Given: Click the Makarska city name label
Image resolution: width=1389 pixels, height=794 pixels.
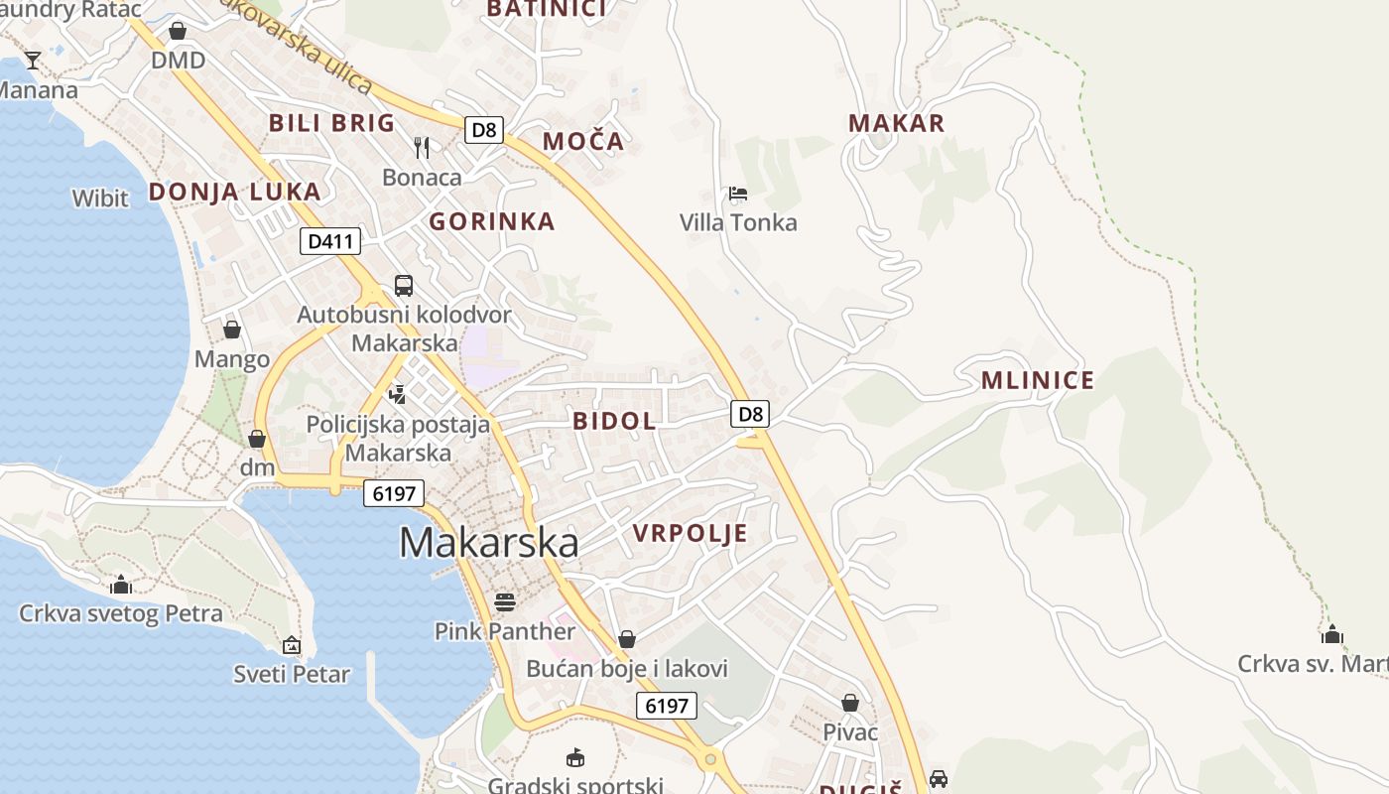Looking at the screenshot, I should coord(489,542).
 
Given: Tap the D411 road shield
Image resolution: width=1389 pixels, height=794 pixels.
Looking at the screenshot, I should coord(330,241).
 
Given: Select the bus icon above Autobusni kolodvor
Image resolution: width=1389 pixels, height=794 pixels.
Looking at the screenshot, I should coord(404,286).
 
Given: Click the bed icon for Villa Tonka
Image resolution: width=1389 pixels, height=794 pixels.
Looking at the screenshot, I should coord(737,194).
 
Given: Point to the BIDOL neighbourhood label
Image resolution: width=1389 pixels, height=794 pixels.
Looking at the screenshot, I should coord(614,421).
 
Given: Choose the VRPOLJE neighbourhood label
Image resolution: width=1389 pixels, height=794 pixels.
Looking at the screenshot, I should coord(690,533).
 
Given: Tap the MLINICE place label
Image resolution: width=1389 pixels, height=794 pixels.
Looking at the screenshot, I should coord(1038,380).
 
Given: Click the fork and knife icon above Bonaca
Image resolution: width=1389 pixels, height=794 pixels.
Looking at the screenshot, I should coord(422,148).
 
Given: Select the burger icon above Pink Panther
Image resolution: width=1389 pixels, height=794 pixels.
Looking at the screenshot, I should coord(505,601).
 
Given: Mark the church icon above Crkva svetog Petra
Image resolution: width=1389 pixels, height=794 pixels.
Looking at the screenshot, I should coord(121,584).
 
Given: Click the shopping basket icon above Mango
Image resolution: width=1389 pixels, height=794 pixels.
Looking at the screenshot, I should coord(232,330).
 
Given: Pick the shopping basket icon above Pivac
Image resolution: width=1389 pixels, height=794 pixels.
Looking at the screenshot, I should coord(850,703).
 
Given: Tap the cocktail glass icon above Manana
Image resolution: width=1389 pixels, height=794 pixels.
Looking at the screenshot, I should coord(33,61).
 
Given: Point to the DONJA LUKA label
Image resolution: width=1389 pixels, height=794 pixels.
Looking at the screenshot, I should coord(235,192).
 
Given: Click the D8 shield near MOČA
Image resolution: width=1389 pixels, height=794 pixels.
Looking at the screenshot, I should coord(485,129).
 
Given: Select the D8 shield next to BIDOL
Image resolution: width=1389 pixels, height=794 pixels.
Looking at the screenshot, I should coord(751,414).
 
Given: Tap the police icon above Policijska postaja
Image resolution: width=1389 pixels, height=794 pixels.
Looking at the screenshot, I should coord(398,394).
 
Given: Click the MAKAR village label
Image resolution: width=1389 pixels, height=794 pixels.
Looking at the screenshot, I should coord(896,123).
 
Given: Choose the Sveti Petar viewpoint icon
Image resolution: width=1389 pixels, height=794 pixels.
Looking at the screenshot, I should coord(292,645).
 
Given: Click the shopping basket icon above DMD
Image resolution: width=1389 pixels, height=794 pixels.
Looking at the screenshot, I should coord(178,31).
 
